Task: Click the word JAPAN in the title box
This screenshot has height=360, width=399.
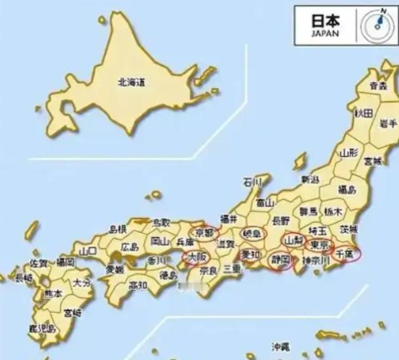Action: [x=326, y=33]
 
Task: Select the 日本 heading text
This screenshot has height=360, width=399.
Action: [x=325, y=19]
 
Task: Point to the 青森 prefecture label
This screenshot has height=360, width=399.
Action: [x=377, y=86]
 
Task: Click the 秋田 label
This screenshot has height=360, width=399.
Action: [x=364, y=113]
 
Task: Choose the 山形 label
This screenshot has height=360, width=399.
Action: [x=349, y=153]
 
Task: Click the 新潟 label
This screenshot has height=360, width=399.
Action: [x=310, y=179]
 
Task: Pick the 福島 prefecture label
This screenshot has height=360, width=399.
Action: [x=347, y=190]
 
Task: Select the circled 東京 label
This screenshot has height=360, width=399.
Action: [x=319, y=245]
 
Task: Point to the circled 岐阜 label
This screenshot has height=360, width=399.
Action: [x=252, y=234]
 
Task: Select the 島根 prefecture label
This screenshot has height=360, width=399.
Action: [x=118, y=229]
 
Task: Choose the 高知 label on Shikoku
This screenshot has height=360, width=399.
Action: [x=138, y=285]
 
